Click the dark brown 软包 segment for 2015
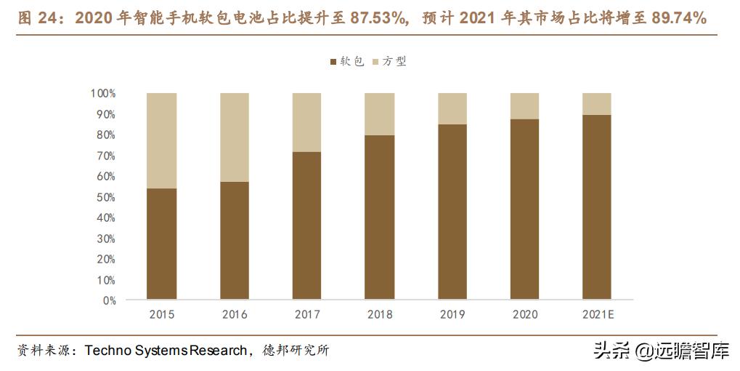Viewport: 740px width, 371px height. click(161, 244)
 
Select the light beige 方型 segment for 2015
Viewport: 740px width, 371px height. click(161, 140)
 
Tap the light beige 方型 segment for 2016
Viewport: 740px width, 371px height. click(234, 137)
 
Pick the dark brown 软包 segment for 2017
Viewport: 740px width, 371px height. click(306, 226)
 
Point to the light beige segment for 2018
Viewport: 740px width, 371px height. click(379, 113)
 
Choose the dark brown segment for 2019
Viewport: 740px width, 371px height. click(452, 212)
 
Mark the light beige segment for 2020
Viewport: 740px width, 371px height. click(524, 105)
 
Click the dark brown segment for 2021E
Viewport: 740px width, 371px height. click(597, 207)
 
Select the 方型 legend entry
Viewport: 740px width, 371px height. click(390, 62)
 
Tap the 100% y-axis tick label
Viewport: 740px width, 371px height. click(103, 94)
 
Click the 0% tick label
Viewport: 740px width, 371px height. click(109, 300)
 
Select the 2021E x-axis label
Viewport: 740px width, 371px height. click(598, 314)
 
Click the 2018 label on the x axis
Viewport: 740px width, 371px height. click(380, 314)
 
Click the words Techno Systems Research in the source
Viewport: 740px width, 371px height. click(166, 351)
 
